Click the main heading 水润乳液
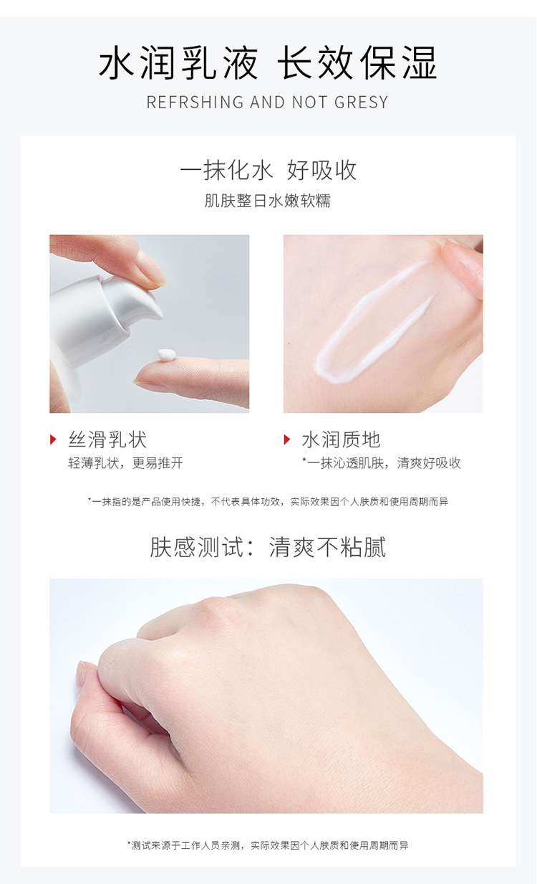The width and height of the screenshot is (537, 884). point(178,64)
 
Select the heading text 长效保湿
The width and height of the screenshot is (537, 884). point(357,64)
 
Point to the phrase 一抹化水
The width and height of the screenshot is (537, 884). point(226,171)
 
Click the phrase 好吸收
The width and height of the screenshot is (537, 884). point(321,171)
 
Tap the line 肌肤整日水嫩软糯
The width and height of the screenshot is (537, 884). point(268,201)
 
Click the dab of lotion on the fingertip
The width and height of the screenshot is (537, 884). point(166,355)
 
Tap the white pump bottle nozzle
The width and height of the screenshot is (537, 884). point(136,301)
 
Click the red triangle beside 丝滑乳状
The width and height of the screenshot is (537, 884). point(53,439)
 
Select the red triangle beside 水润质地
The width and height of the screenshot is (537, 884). point(287,439)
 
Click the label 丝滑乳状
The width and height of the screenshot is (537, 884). point(107,439)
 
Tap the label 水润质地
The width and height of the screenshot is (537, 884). point(341,439)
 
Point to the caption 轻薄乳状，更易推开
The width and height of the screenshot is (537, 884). point(125,463)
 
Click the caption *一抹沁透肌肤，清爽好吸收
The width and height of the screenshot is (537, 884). point(381,463)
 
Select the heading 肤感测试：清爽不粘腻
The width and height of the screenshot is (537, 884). point(268,547)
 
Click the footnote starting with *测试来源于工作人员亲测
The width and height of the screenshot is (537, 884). point(268,846)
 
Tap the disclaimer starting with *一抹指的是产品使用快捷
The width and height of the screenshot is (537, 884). point(268,502)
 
